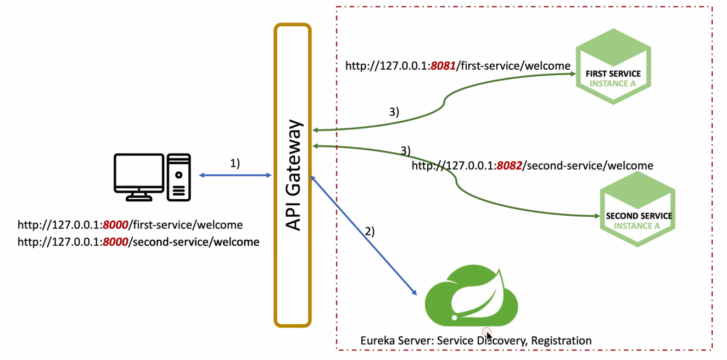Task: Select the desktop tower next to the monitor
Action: pos(179,177)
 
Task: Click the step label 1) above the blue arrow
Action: pos(234,163)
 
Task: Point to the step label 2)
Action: pos(370,231)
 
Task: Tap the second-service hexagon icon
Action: pos(638,209)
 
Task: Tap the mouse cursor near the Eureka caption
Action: pos(488,335)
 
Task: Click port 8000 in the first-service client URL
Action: pos(115,225)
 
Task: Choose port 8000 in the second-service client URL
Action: pos(115,241)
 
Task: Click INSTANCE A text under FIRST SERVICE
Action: pos(613,84)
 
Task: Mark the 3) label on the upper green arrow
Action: pos(394,112)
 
